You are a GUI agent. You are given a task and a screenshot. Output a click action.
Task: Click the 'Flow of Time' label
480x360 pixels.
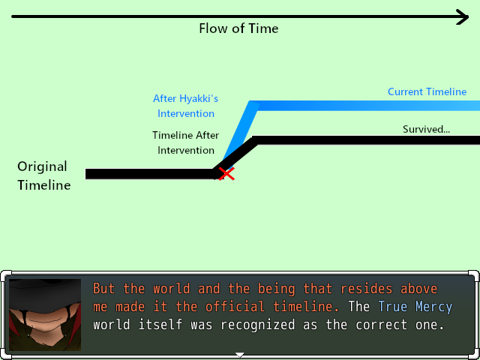coord(238,28)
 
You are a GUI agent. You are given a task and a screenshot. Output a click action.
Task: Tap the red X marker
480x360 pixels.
coord(226,174)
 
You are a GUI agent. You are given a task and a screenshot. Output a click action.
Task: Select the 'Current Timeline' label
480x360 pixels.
coord(427,91)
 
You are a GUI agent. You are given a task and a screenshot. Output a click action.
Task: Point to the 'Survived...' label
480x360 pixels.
coord(426,129)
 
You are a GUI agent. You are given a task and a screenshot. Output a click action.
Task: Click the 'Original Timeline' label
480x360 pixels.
coord(43,175)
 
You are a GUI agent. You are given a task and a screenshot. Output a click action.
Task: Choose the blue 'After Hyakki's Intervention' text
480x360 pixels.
coord(185,106)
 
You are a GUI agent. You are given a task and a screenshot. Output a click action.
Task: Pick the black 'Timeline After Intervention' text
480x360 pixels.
coord(185,142)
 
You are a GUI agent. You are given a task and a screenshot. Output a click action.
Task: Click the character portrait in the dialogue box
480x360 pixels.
coord(45,315)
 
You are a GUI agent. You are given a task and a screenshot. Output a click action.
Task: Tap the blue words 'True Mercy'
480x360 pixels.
coord(415,307)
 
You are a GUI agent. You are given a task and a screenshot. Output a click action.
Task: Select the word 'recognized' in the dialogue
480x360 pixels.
coord(258,325)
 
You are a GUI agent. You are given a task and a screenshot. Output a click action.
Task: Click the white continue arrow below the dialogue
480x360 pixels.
coord(240,355)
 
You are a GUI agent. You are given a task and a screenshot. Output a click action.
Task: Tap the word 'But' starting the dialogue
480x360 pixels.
coord(104,289)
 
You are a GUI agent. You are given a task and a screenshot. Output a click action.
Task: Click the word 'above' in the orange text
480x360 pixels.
coord(418,289)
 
